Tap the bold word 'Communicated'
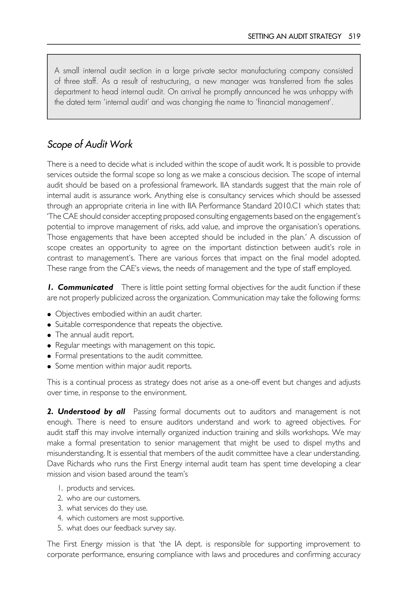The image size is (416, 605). click(85, 287)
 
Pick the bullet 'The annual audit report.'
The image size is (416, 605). click(94, 335)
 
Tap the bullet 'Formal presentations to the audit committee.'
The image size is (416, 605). click(129, 356)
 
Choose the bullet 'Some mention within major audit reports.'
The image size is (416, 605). click(123, 366)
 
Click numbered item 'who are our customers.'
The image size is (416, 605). click(103, 498)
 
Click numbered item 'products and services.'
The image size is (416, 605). click(101, 488)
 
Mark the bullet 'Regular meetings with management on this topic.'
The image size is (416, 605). click(135, 345)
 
